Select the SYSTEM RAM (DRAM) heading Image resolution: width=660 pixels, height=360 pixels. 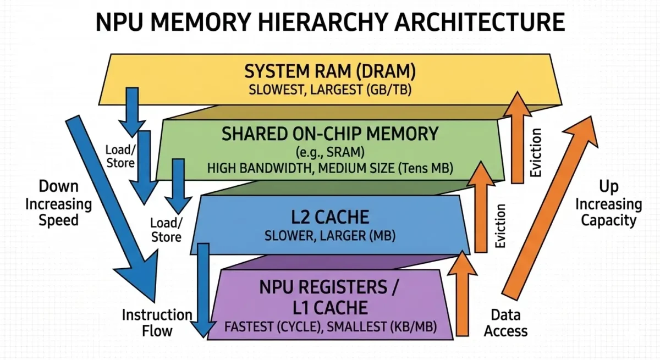pyautogui.click(x=330, y=71)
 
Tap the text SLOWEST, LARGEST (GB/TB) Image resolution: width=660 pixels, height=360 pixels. pyautogui.click(x=330, y=90)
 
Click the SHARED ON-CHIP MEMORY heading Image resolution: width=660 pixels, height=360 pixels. pyautogui.click(x=330, y=134)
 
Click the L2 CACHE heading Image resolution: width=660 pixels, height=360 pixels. pyautogui.click(x=329, y=216)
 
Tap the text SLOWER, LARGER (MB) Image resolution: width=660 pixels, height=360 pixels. pyautogui.click(x=329, y=236)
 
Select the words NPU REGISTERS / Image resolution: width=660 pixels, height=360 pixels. pyautogui.click(x=329, y=287)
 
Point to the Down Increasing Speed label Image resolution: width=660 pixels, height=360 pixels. pyautogui.click(x=58, y=203)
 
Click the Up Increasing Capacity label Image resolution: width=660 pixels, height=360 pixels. pyautogui.click(x=608, y=204)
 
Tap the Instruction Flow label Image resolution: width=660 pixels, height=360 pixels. pyautogui.click(x=157, y=323)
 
